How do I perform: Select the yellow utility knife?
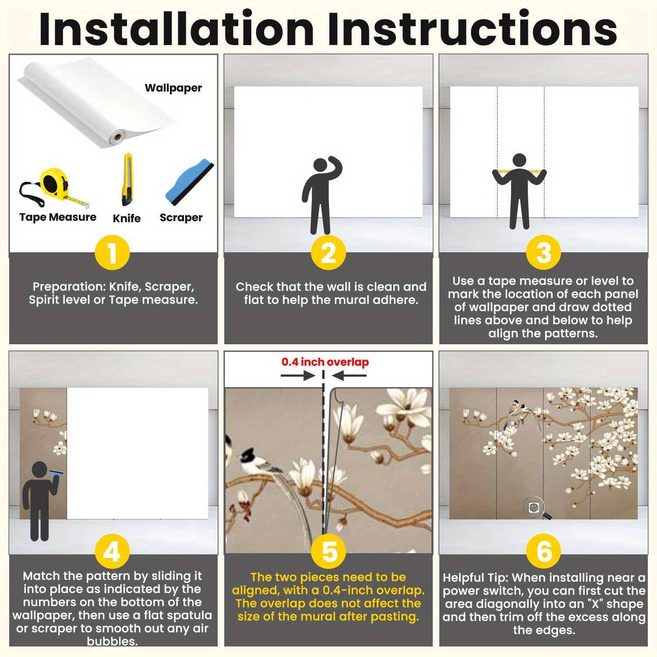(127, 180)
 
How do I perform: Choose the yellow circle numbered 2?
(328, 253)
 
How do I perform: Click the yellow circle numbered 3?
(544, 253)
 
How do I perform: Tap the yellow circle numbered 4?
(112, 552)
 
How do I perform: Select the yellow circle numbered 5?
(328, 552)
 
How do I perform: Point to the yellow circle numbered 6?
(544, 552)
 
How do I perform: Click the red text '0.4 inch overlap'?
(325, 362)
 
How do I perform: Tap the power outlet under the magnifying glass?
(533, 507)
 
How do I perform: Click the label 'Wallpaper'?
(173, 88)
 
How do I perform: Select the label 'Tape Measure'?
(58, 217)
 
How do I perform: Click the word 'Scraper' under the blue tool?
(181, 218)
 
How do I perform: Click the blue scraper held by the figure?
(57, 474)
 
